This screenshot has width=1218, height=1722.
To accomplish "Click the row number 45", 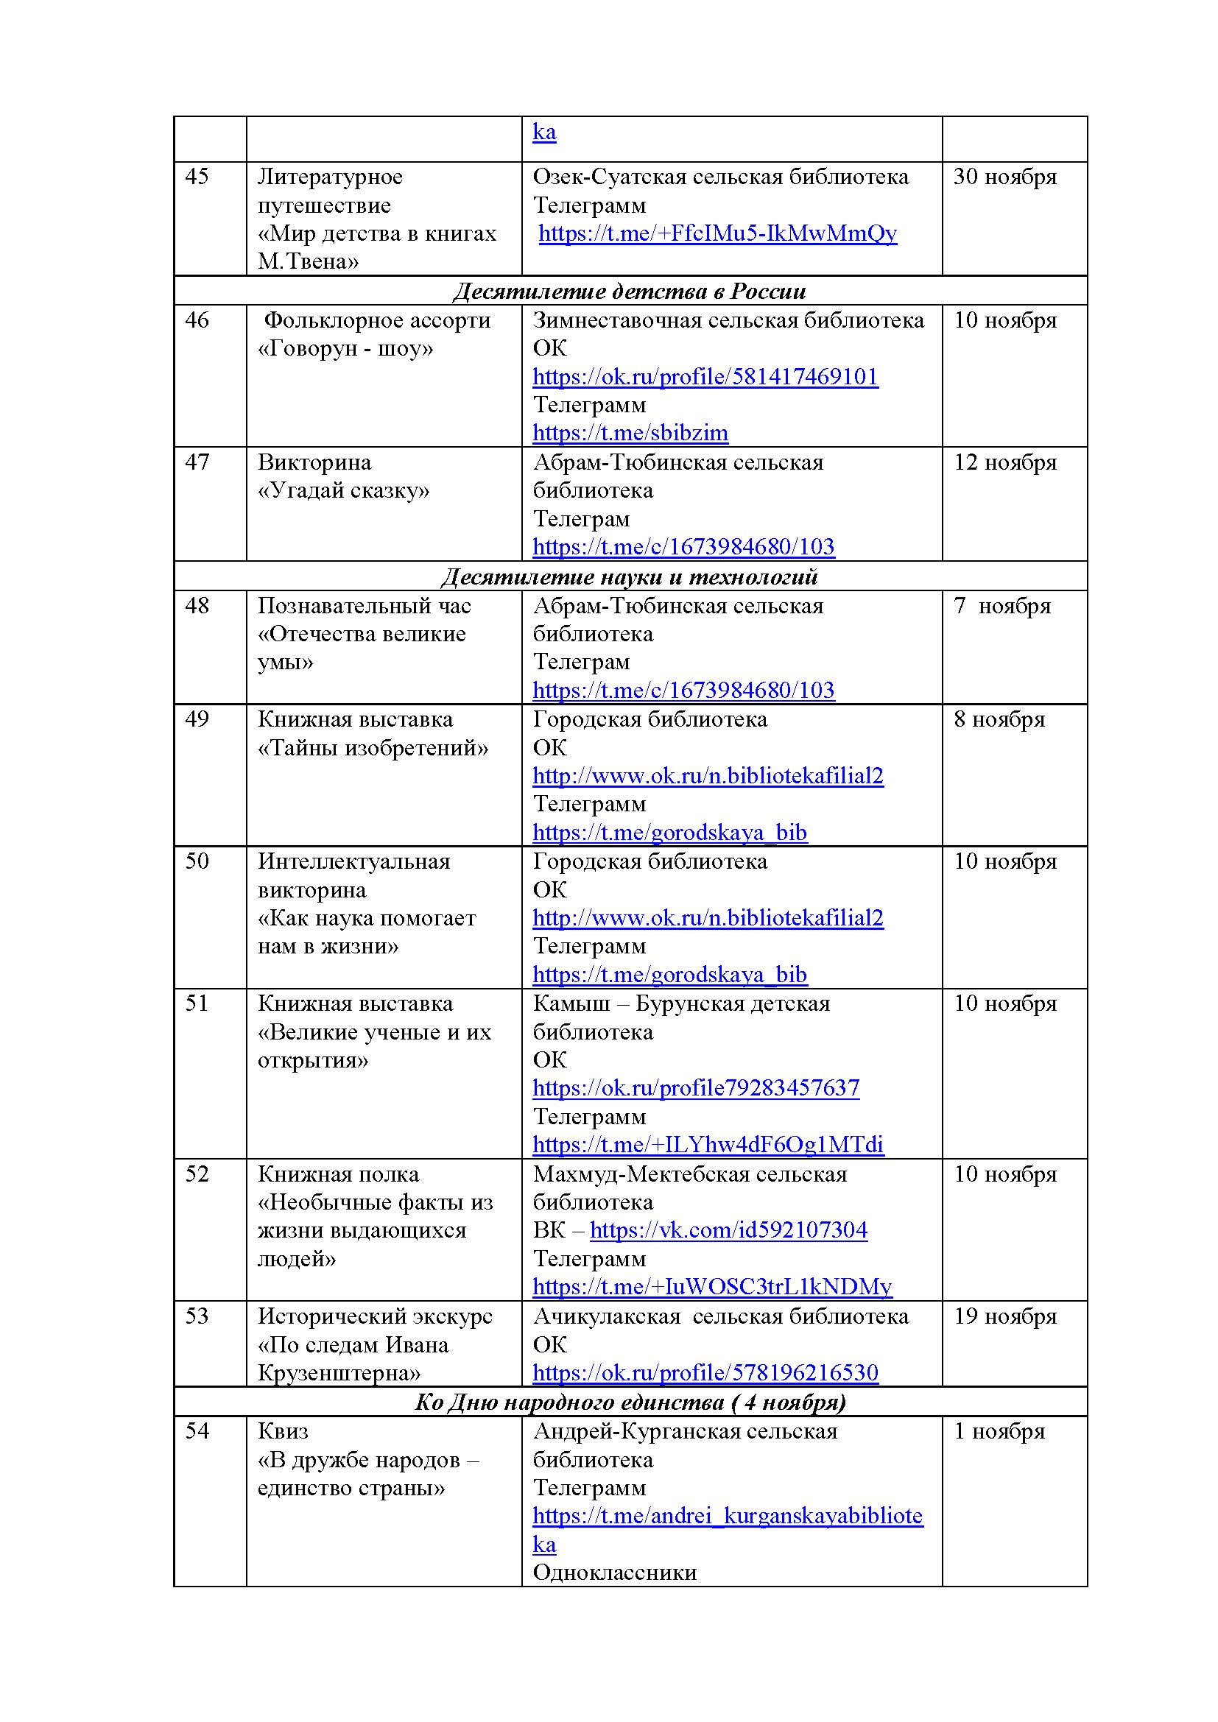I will pos(197,177).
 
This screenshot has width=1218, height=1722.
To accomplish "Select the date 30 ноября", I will pos(1004,177).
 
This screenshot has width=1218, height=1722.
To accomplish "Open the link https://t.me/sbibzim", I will pos(630,433).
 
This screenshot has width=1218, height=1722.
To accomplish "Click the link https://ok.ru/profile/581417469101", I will pos(705,376).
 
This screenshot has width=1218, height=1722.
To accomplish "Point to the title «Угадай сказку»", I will pos(343,490).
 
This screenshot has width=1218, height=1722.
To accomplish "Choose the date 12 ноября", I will pos(1004,463).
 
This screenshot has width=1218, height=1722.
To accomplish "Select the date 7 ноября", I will pos(1001,606).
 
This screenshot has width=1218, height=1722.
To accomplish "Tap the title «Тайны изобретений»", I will pos(373,748).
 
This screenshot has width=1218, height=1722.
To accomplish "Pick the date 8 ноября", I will pos(999,719).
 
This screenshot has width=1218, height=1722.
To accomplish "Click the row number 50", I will pos(197,861).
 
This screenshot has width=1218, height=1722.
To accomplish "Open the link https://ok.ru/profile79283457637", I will pos(696,1088).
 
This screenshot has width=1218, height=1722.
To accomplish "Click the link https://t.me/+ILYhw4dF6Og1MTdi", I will pos(708,1145).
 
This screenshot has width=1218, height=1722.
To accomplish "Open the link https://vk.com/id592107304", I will pos(728,1230).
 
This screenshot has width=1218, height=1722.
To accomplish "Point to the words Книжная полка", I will pos(338,1174).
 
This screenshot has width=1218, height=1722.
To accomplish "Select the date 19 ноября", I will pos(1004,1316).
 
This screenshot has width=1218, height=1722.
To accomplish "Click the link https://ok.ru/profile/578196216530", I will pos(705,1372).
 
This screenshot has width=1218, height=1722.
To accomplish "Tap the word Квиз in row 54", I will pos(283,1431).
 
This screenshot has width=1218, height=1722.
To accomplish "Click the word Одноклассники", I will pos(614,1572).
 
